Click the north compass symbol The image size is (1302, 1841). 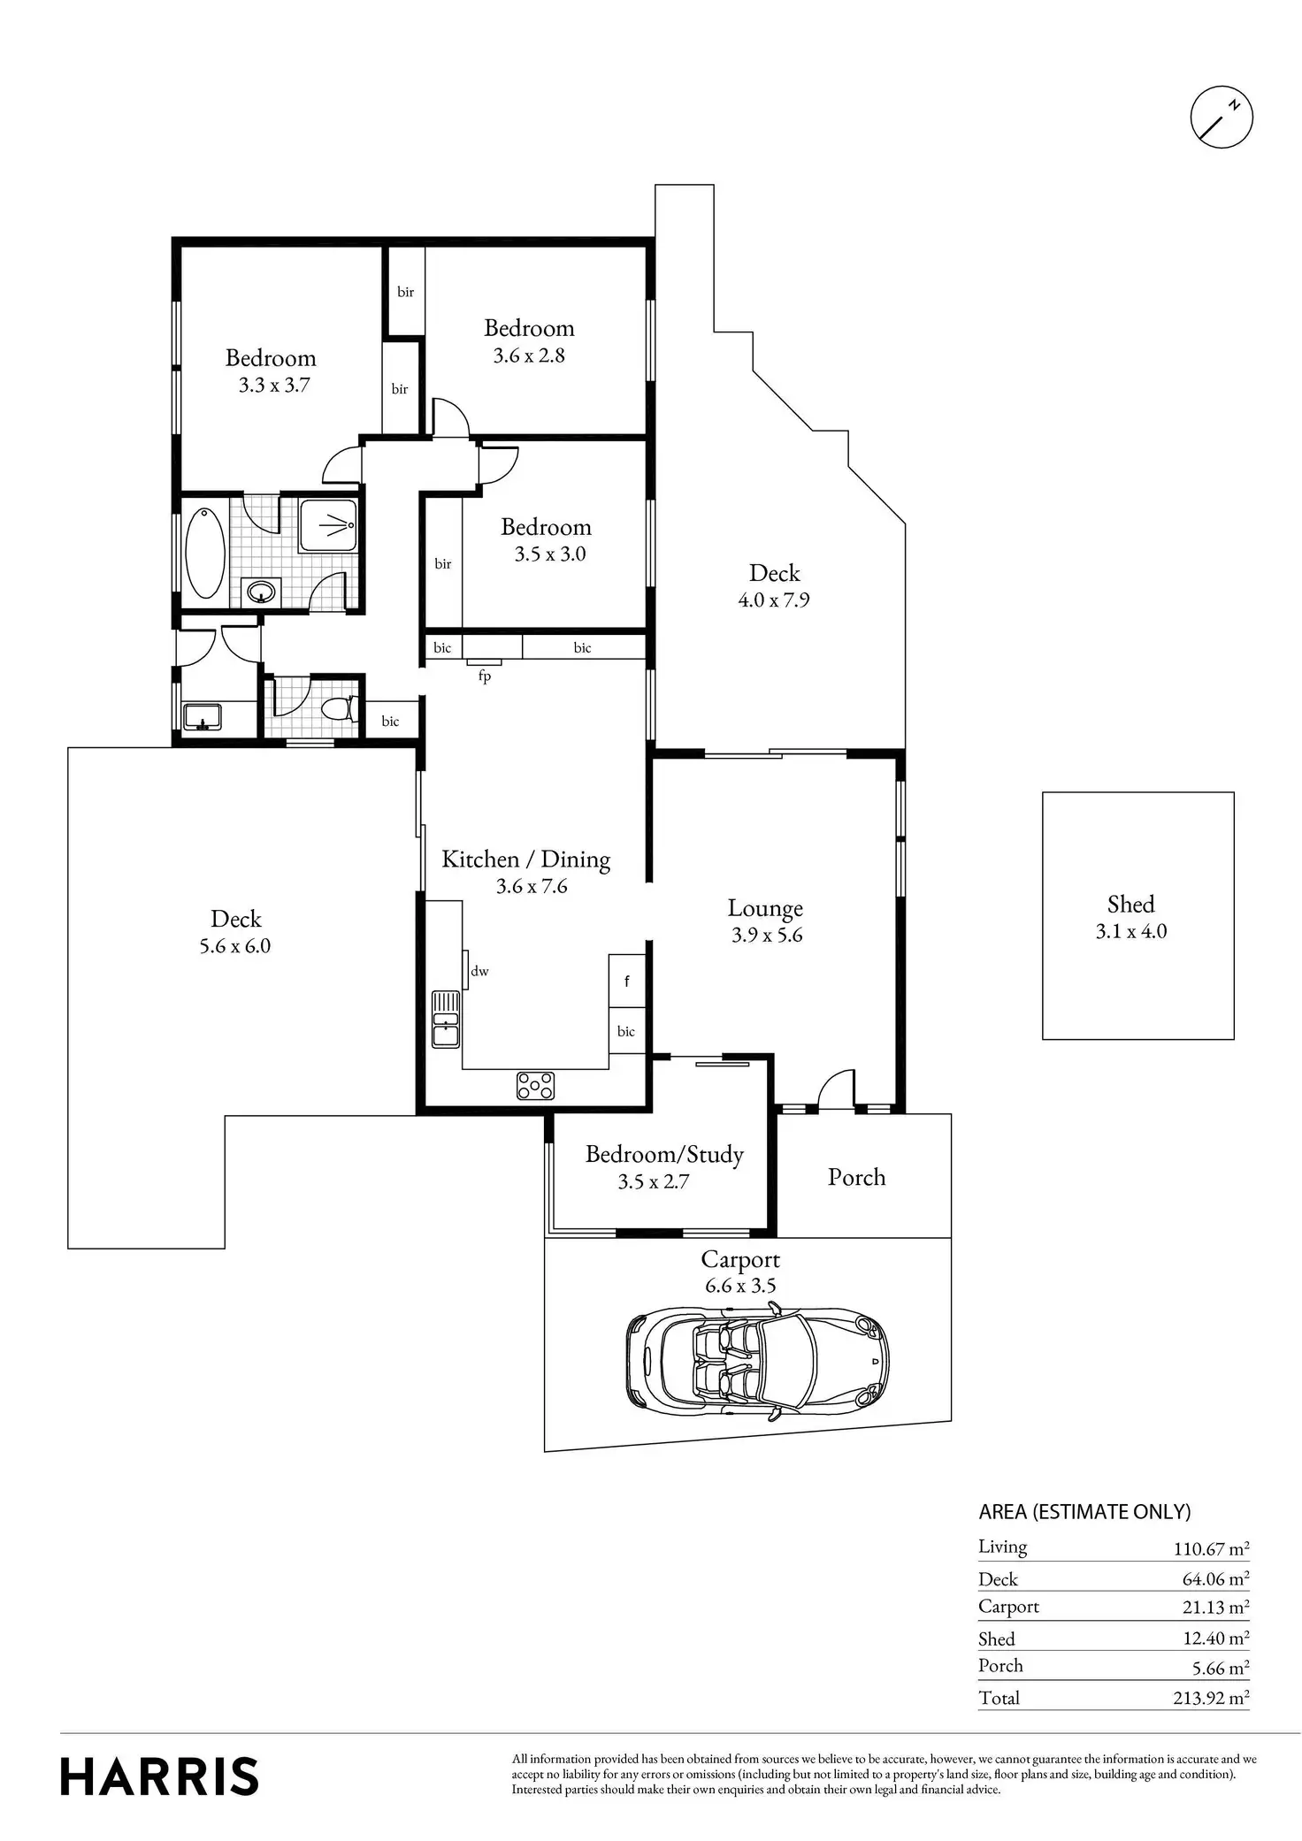pyautogui.click(x=1222, y=117)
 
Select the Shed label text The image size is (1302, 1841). pyautogui.click(x=1130, y=904)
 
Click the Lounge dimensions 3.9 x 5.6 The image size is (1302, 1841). pyautogui.click(x=767, y=936)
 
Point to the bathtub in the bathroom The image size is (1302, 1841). pyautogui.click(x=205, y=553)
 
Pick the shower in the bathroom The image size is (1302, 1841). pyautogui.click(x=328, y=526)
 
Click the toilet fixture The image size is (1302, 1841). pyautogui.click(x=339, y=708)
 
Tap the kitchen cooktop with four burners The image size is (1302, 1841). pyautogui.click(x=535, y=1086)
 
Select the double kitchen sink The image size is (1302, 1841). pyautogui.click(x=445, y=1019)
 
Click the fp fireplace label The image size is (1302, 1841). pyautogui.click(x=485, y=676)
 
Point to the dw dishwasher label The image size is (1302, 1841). pyautogui.click(x=479, y=971)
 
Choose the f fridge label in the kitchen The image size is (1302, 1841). pyautogui.click(x=627, y=981)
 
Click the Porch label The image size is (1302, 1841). pyautogui.click(x=856, y=1177)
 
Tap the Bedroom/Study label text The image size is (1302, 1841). pyautogui.click(x=664, y=1155)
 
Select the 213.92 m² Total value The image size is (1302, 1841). pyautogui.click(x=1210, y=1698)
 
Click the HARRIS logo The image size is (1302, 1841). pyautogui.click(x=159, y=1776)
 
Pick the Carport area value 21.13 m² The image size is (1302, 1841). pyautogui.click(x=1215, y=1607)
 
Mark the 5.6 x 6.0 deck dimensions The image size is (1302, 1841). pyautogui.click(x=235, y=946)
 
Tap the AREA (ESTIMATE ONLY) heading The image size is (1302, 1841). pyautogui.click(x=1084, y=1512)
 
